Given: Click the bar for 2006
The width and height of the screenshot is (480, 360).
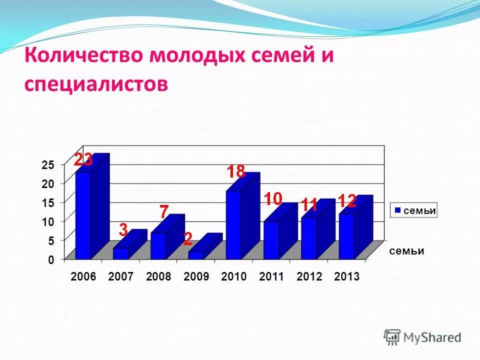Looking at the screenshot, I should click(x=83, y=215).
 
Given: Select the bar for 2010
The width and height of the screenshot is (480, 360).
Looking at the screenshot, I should click(x=233, y=225).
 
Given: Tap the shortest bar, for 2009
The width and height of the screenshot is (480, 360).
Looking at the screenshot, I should click(x=196, y=255).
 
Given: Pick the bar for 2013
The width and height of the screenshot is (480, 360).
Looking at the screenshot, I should click(x=346, y=236).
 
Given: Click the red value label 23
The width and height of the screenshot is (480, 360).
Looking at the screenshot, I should click(x=83, y=159).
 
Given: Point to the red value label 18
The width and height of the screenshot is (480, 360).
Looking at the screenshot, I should click(x=235, y=172).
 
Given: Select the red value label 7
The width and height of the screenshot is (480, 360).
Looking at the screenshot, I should click(x=163, y=211).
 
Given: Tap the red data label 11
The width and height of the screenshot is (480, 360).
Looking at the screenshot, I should click(x=309, y=204).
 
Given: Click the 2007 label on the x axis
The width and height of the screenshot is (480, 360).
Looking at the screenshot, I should click(x=121, y=277).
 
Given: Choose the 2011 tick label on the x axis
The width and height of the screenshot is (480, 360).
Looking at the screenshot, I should click(x=271, y=277).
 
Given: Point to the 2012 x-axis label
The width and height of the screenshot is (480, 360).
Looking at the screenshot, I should click(x=309, y=277).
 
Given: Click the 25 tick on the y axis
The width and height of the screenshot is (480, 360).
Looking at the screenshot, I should click(x=47, y=164).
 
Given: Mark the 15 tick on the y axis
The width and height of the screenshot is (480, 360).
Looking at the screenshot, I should click(x=47, y=202).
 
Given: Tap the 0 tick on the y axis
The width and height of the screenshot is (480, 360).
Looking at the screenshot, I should click(x=50, y=260).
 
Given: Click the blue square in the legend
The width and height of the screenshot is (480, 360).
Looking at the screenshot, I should click(x=397, y=211).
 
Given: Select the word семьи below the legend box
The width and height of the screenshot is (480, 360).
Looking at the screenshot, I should click(x=407, y=251).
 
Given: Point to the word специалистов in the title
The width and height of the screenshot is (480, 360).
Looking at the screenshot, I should click(x=95, y=83).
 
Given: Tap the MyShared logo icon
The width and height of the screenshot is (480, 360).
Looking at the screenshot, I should click(x=392, y=336).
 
